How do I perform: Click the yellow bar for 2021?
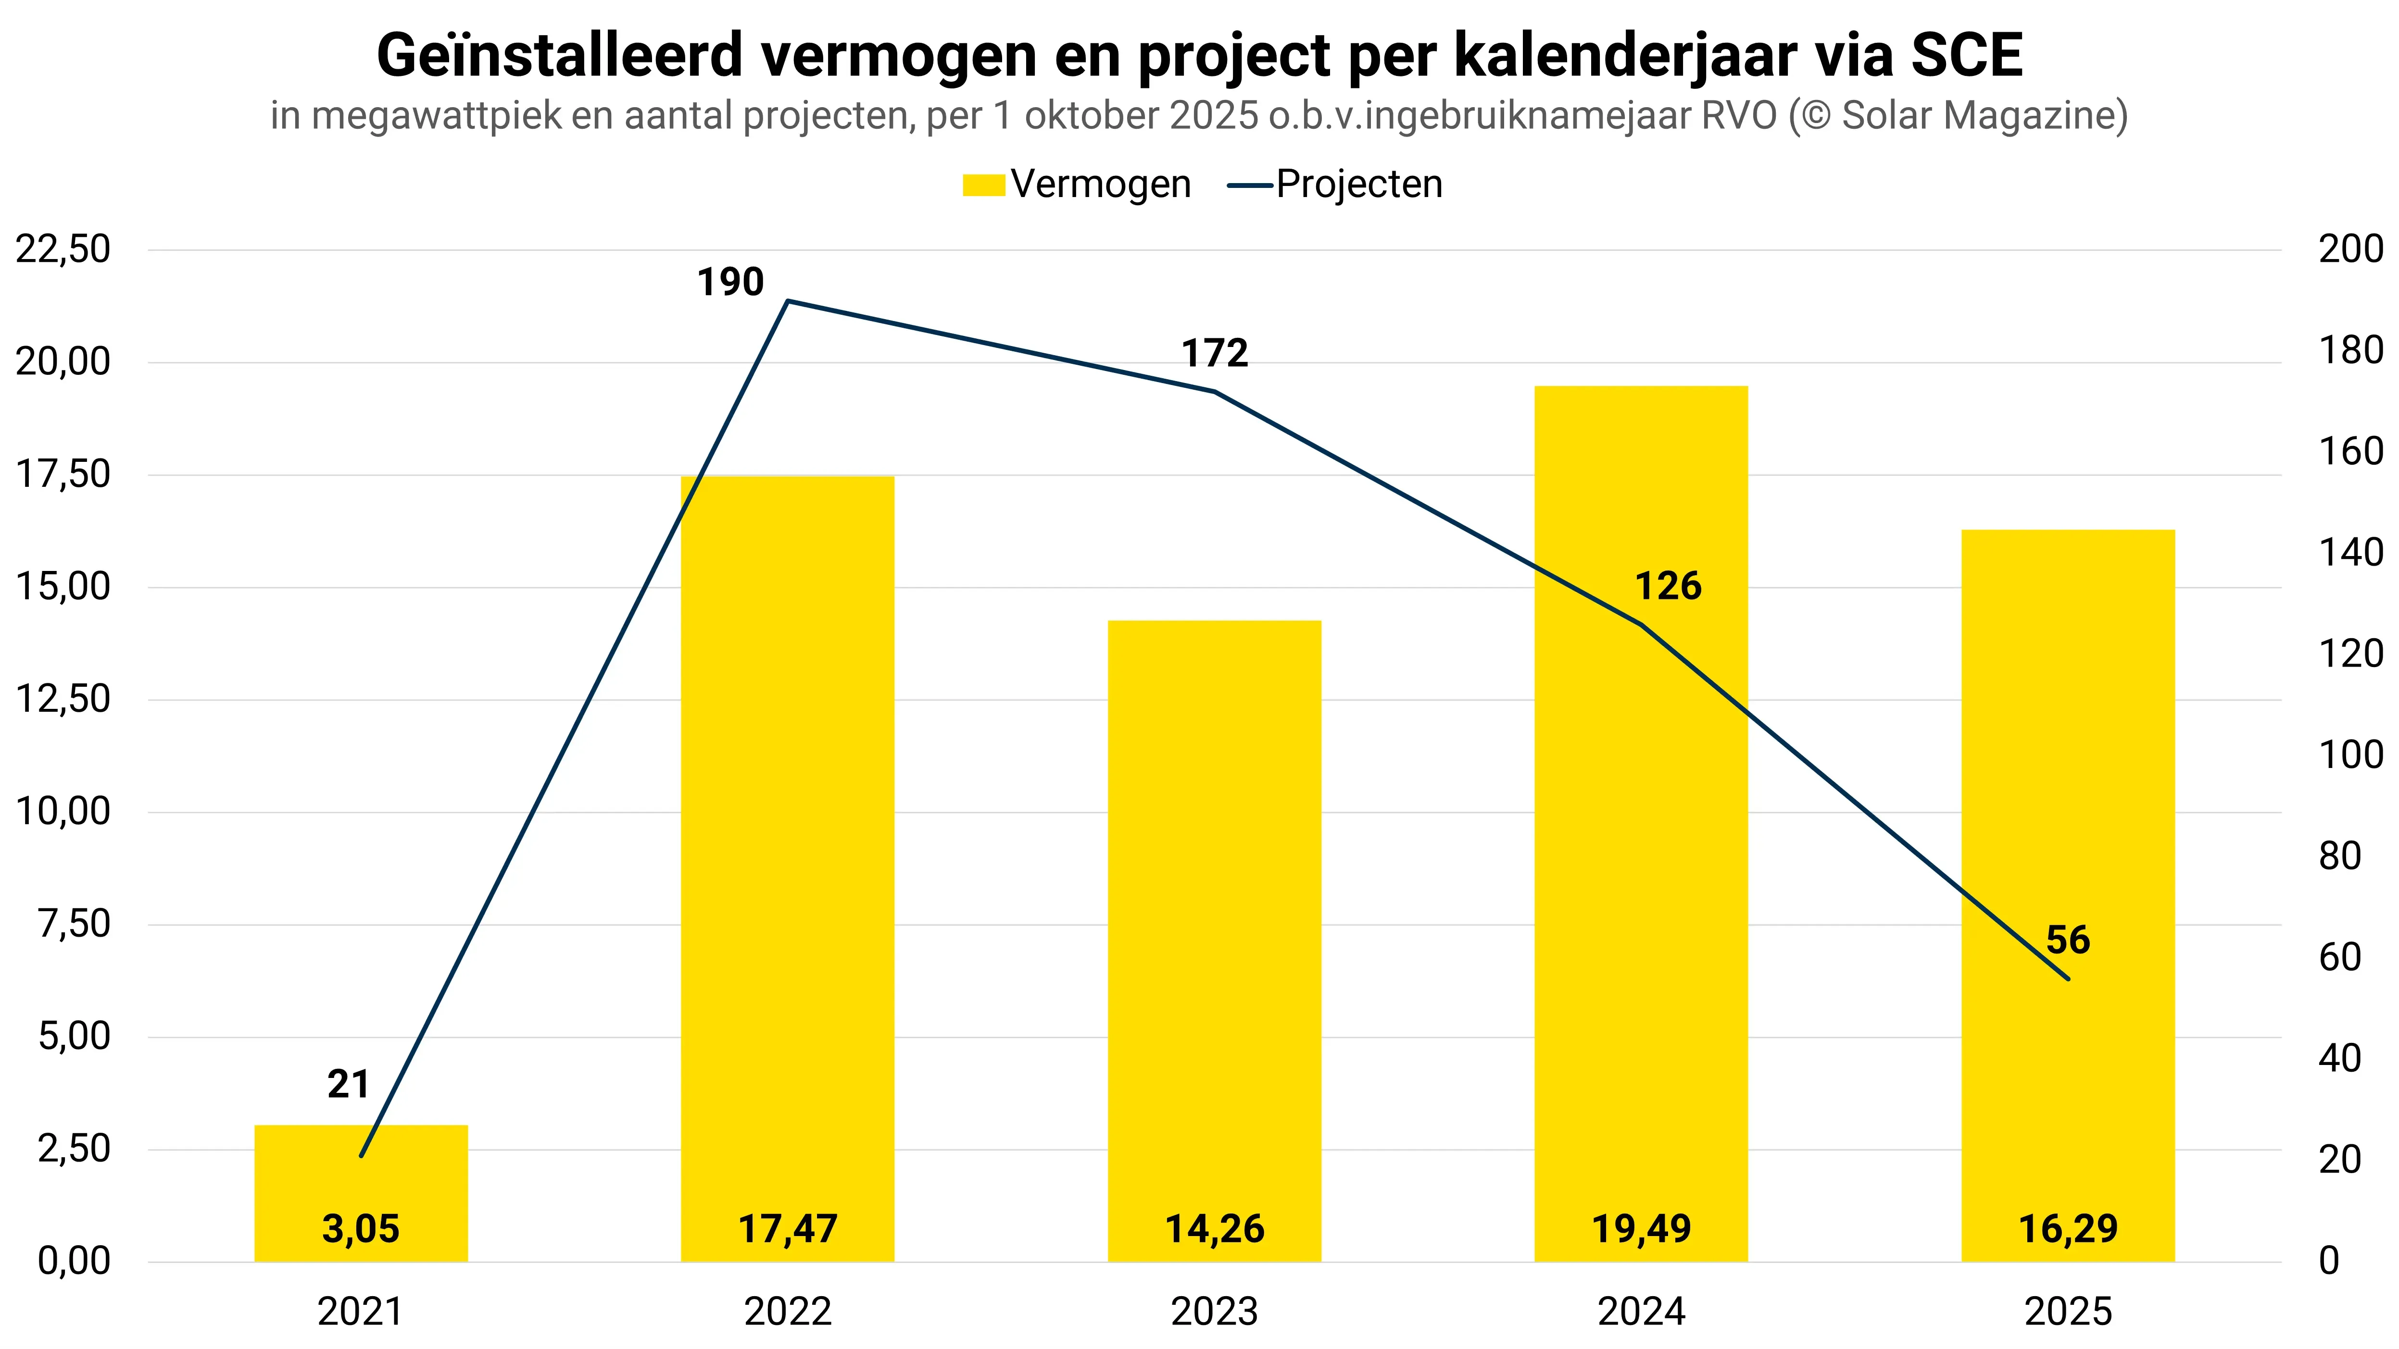[361, 1182]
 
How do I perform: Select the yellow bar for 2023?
[1214, 931]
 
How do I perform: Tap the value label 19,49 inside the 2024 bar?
[1641, 1229]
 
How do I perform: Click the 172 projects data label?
[1214, 354]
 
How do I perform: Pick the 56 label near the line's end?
[2068, 941]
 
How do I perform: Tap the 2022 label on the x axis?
[787, 1312]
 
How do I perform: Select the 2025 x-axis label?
[2068, 1312]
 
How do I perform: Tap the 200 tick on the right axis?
[2349, 249]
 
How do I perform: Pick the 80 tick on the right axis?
[2339, 855]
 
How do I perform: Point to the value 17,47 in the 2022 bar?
[787, 1229]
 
